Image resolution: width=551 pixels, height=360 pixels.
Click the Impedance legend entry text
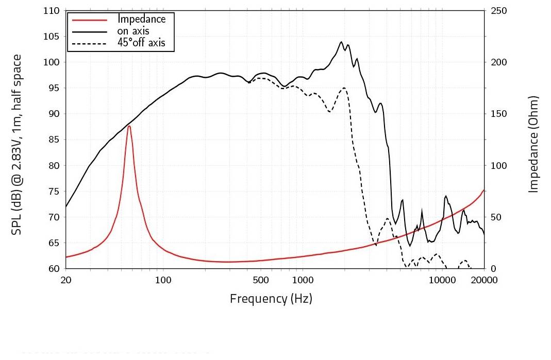[142, 19]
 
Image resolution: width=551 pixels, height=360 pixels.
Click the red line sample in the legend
[89, 20]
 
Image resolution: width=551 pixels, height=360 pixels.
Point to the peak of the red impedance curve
[129, 126]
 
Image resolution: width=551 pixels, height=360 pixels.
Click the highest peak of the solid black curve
[341, 42]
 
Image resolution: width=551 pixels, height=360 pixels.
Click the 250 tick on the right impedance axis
[499, 11]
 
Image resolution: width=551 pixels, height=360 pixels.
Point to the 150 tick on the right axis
[499, 114]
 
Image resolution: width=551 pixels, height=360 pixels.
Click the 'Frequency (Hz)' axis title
[271, 298]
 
